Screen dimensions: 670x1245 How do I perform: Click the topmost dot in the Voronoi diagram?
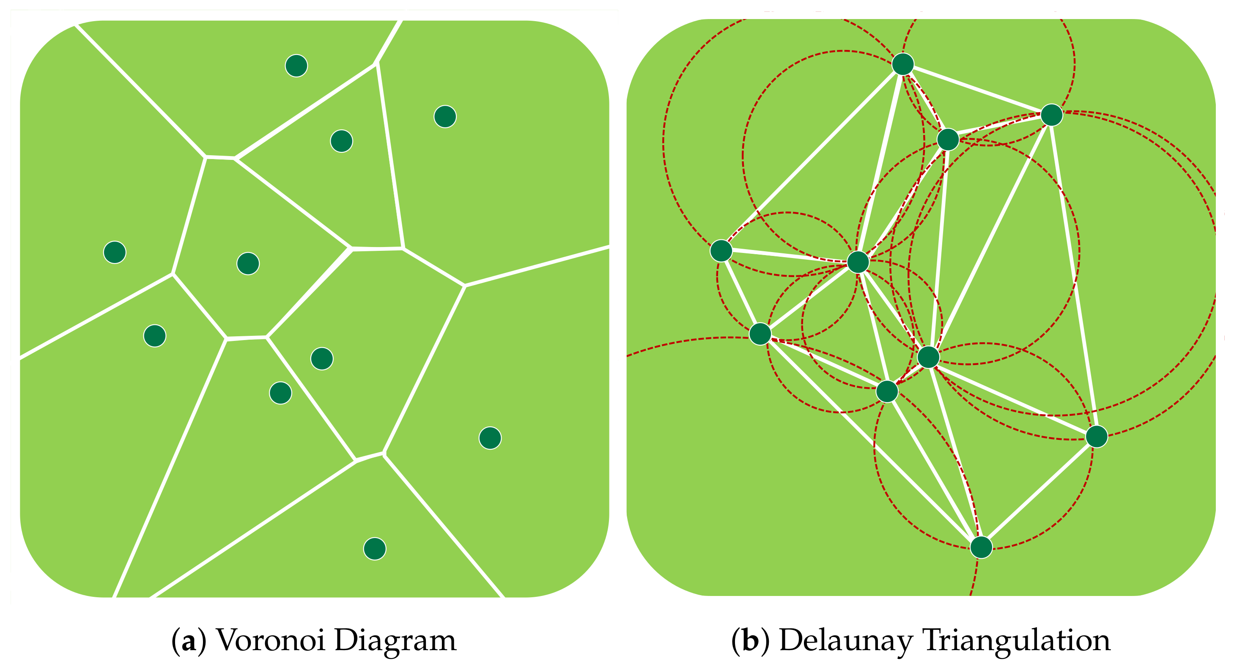pyautogui.click(x=296, y=66)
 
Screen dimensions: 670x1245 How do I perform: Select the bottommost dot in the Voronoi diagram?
pyautogui.click(x=375, y=549)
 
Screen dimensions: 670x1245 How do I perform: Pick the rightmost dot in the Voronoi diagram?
pyautogui.click(x=490, y=438)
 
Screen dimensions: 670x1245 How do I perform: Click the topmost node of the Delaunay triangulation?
pyautogui.click(x=903, y=64)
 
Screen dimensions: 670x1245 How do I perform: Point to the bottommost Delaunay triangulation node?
pyautogui.click(x=981, y=547)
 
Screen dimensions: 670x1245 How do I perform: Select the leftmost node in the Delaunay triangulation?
pyautogui.click(x=721, y=250)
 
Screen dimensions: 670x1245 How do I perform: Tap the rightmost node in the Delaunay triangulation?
pyautogui.click(x=1097, y=437)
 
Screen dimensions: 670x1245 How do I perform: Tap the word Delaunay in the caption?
pyautogui.click(x=846, y=640)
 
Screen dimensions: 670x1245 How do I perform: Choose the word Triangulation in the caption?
pyautogui.click(x=1017, y=641)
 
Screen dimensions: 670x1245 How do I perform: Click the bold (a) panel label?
pyautogui.click(x=189, y=641)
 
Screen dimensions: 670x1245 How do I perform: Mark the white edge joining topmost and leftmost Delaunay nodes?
pyautogui.click(x=812, y=157)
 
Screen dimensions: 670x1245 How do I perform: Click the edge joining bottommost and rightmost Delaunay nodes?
pyautogui.click(x=1039, y=492)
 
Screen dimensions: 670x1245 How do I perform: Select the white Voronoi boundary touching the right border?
pyautogui.click(x=537, y=266)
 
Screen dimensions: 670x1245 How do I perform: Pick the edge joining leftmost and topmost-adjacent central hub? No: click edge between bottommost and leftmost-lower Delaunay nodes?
pyautogui.click(x=870, y=440)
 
